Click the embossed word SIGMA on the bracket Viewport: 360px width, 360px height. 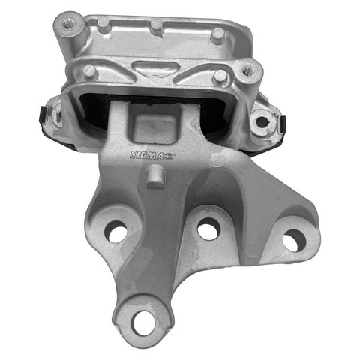pos(146,155)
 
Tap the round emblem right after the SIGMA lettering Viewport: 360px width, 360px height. pos(170,156)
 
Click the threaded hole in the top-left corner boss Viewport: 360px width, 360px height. pos(67,24)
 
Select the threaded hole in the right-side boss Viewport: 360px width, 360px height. pos(248,68)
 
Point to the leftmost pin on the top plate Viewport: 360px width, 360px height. pos(103,23)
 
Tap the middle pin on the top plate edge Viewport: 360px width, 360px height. pos(157,25)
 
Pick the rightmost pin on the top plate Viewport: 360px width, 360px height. pos(218,35)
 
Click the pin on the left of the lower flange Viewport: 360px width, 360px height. pos(89,71)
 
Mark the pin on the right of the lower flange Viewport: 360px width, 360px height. pos(220,76)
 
